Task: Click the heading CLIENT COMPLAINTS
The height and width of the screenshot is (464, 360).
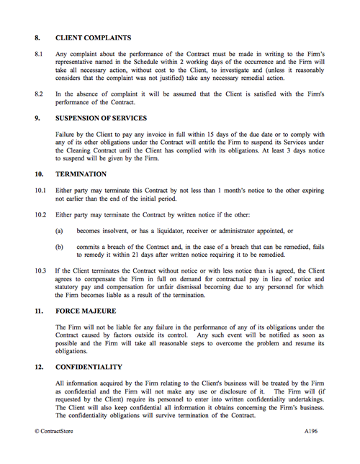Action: (93, 37)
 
